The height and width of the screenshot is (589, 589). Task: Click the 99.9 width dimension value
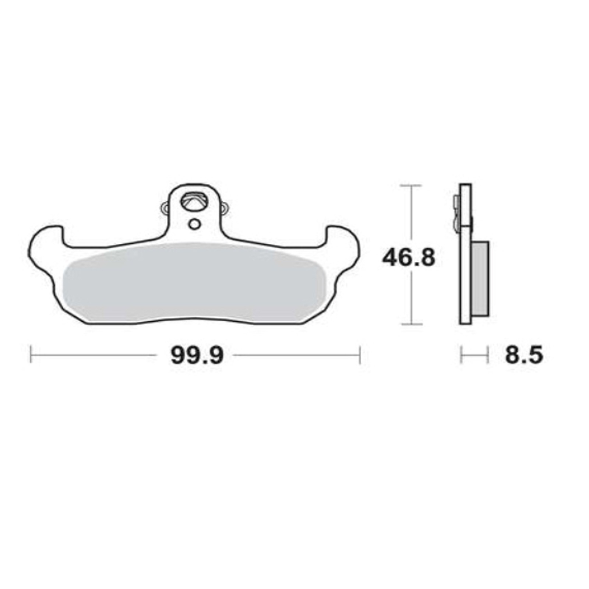click(197, 356)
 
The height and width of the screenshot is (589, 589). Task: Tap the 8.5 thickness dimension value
click(524, 356)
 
